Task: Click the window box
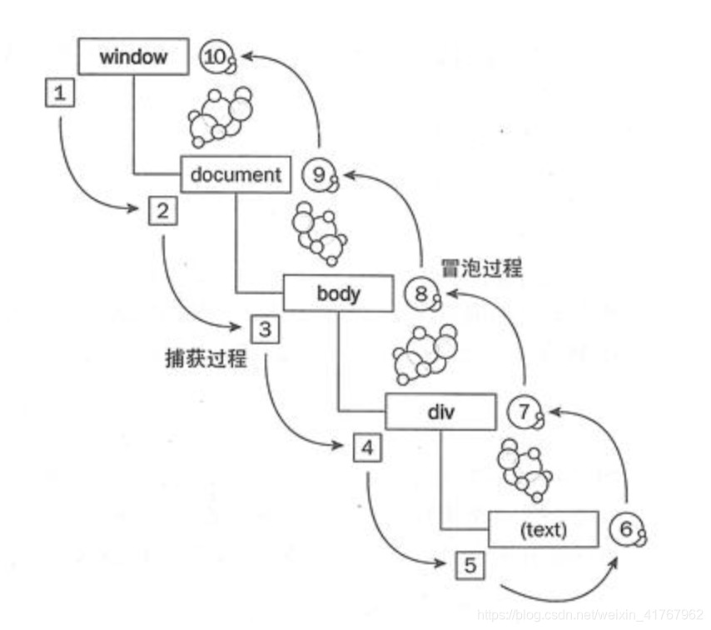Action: (133, 57)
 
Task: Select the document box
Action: (236, 174)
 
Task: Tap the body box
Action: (338, 293)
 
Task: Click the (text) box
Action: (543, 529)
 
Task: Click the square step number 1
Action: (59, 93)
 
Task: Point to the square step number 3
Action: (265, 328)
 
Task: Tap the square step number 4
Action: (367, 447)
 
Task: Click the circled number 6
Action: (626, 528)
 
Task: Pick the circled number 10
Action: (216, 57)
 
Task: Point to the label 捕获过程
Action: (206, 358)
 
